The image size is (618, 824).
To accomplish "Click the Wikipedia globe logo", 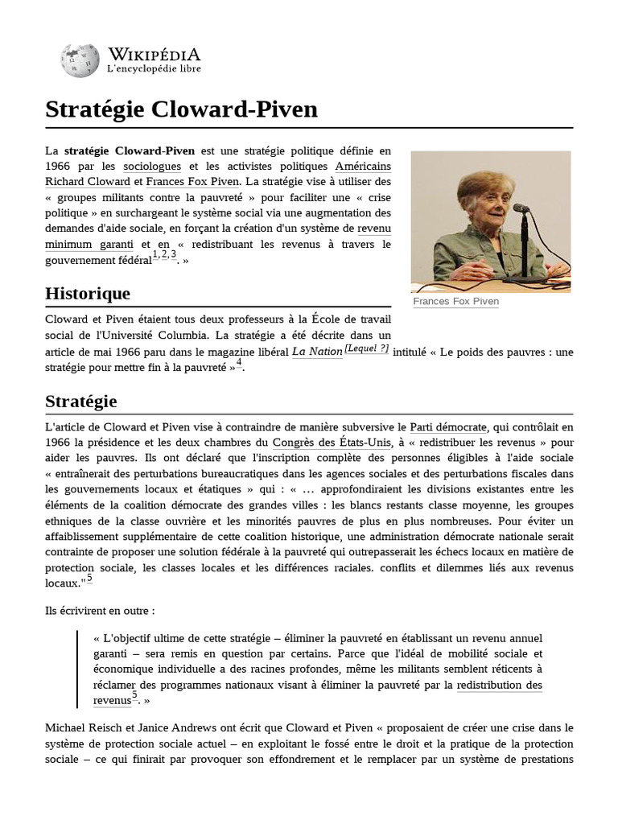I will point(77,61).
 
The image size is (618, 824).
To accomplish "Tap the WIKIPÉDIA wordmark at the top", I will point(154,54).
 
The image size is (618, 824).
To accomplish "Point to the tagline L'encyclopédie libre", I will point(154,69).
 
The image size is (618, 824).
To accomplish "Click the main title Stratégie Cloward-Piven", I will point(181,109).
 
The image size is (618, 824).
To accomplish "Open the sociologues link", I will point(152,167).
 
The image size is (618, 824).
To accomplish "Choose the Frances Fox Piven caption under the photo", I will point(455,302).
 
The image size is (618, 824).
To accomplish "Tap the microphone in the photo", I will point(521,212).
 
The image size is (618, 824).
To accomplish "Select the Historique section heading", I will point(87,293).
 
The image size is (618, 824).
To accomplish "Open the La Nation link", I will point(316,352).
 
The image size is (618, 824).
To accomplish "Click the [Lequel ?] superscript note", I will point(367,348).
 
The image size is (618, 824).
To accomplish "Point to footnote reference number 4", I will point(239,363).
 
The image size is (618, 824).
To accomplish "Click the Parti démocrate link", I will point(448,426).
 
